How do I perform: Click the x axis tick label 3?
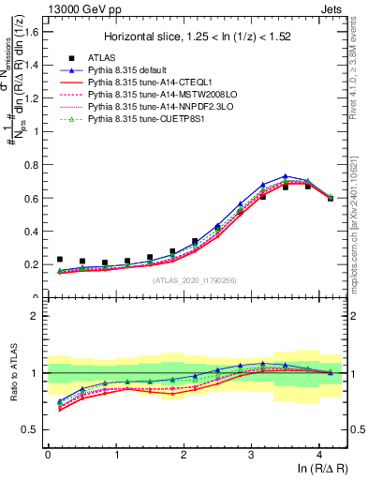[251, 455]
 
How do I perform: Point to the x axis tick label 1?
[115, 455]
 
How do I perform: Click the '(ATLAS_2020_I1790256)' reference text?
[194, 280]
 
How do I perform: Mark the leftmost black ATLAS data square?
[60, 259]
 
